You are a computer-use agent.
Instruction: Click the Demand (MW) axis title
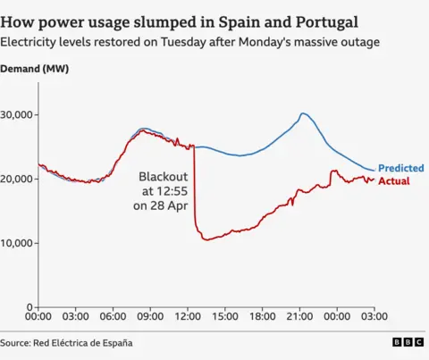36,69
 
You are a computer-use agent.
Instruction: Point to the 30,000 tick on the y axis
17,114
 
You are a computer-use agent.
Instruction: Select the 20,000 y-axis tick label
17,179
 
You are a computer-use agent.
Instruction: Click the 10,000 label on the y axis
17,243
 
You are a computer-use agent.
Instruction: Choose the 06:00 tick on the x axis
113,316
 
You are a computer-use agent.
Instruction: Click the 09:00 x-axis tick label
150,316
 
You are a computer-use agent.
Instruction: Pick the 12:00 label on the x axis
188,316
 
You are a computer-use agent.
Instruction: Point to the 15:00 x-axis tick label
224,316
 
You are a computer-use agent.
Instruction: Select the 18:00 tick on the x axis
262,316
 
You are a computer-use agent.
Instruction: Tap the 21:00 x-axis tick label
299,316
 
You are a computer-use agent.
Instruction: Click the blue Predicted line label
400,168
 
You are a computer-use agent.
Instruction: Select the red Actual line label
394,180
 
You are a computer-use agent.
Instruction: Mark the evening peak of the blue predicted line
303,113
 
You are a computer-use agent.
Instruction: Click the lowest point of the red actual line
206,239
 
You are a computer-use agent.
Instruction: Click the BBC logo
408,342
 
